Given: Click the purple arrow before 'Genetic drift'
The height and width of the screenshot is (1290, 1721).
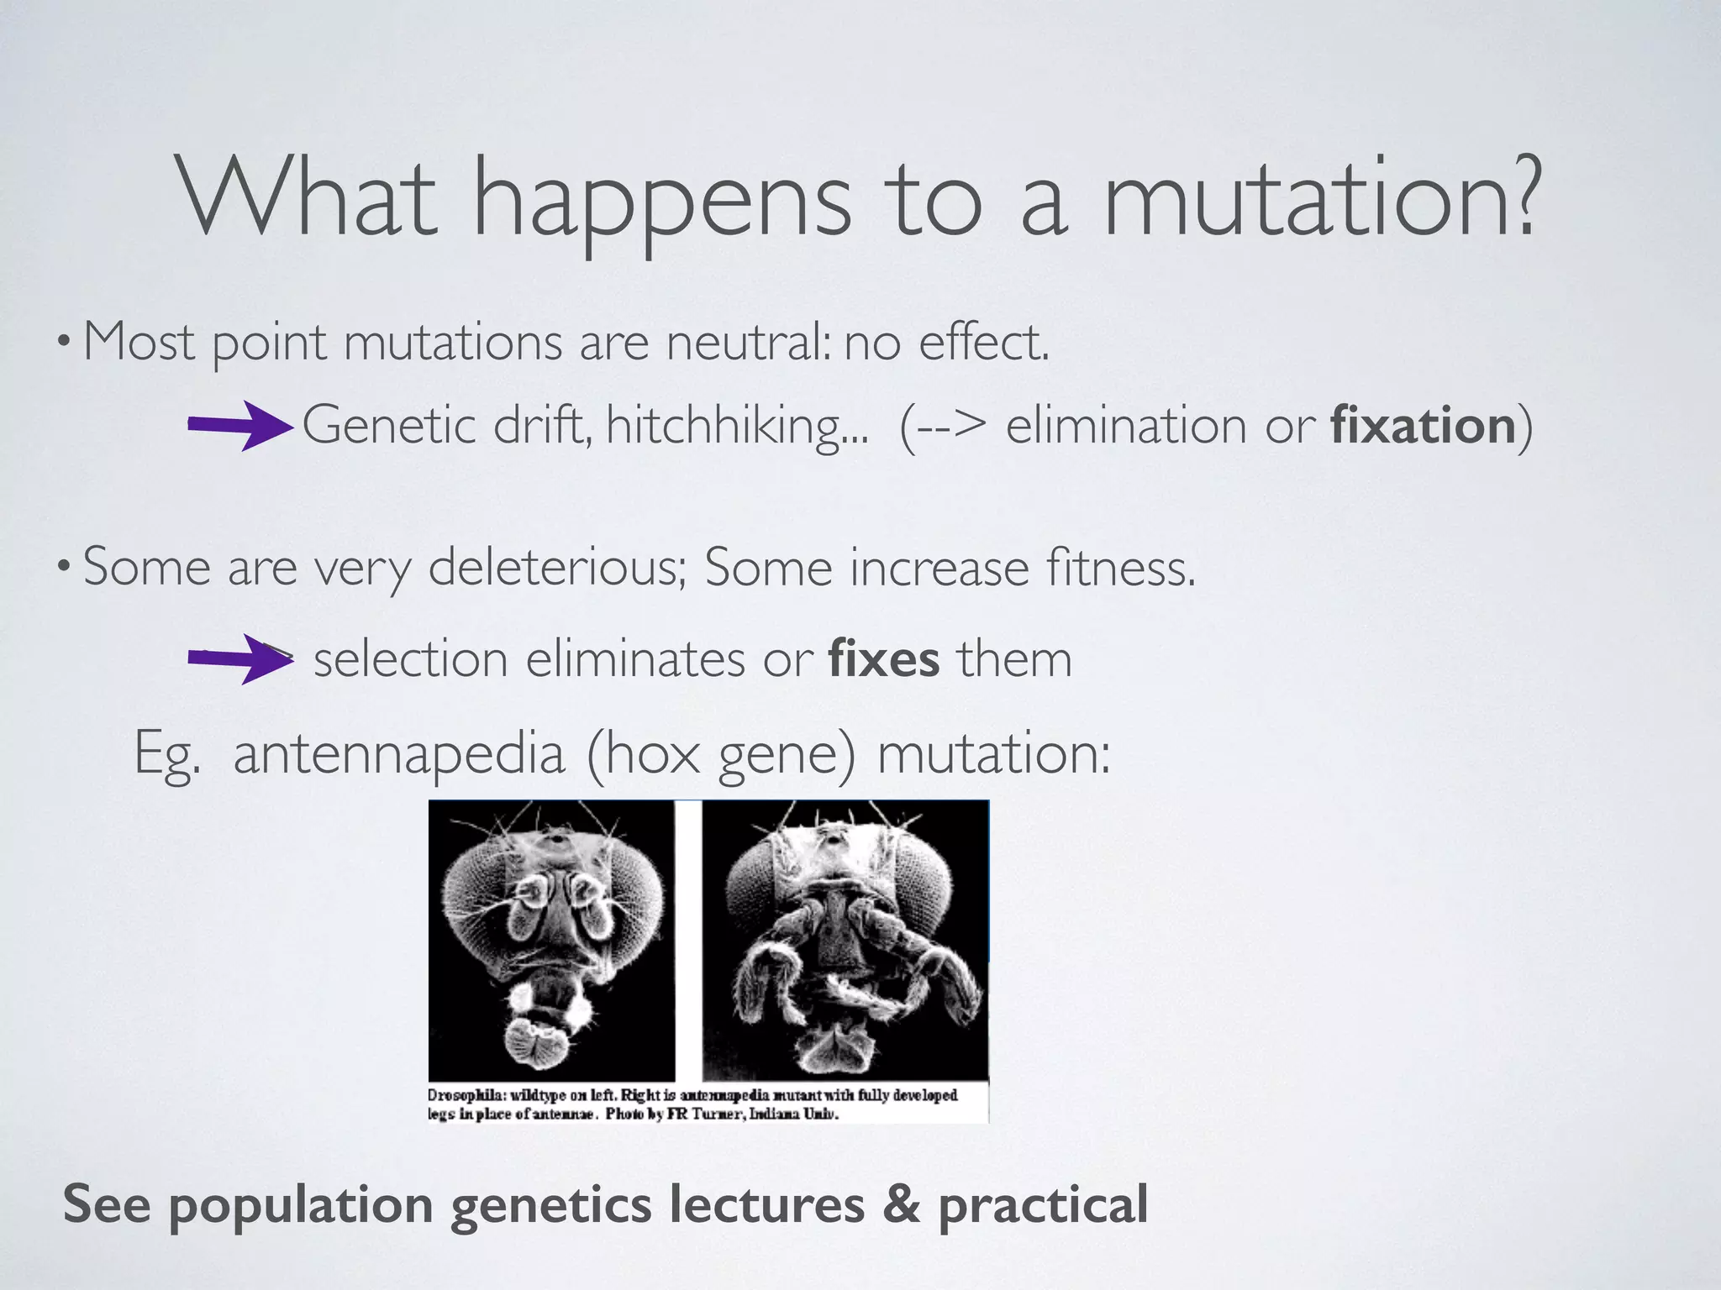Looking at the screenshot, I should pos(239,426).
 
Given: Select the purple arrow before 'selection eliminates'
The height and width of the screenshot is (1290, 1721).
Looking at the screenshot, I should pos(239,659).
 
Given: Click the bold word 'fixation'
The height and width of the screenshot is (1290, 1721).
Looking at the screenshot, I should pos(1423,425).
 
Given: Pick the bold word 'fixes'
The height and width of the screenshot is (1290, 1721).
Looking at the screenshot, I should pos(883,659).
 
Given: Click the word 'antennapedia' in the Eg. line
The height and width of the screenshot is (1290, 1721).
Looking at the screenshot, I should pos(398,753).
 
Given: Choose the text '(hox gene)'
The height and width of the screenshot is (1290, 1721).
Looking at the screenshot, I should pos(720,753).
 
